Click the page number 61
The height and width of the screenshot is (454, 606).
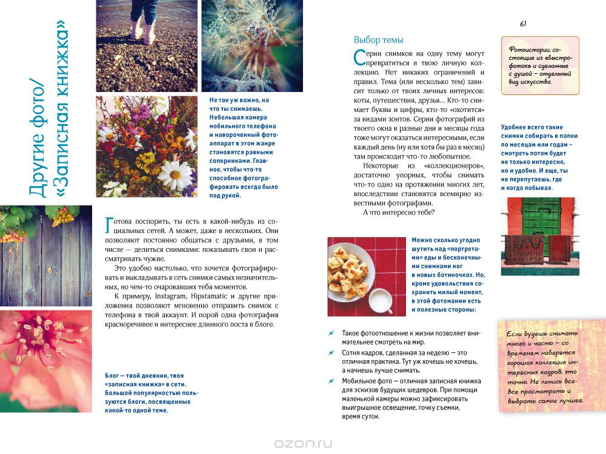coord(522,24)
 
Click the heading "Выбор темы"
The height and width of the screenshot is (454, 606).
coord(378,40)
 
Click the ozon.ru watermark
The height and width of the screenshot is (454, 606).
coord(303,442)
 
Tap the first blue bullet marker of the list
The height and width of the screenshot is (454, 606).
coord(330,334)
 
